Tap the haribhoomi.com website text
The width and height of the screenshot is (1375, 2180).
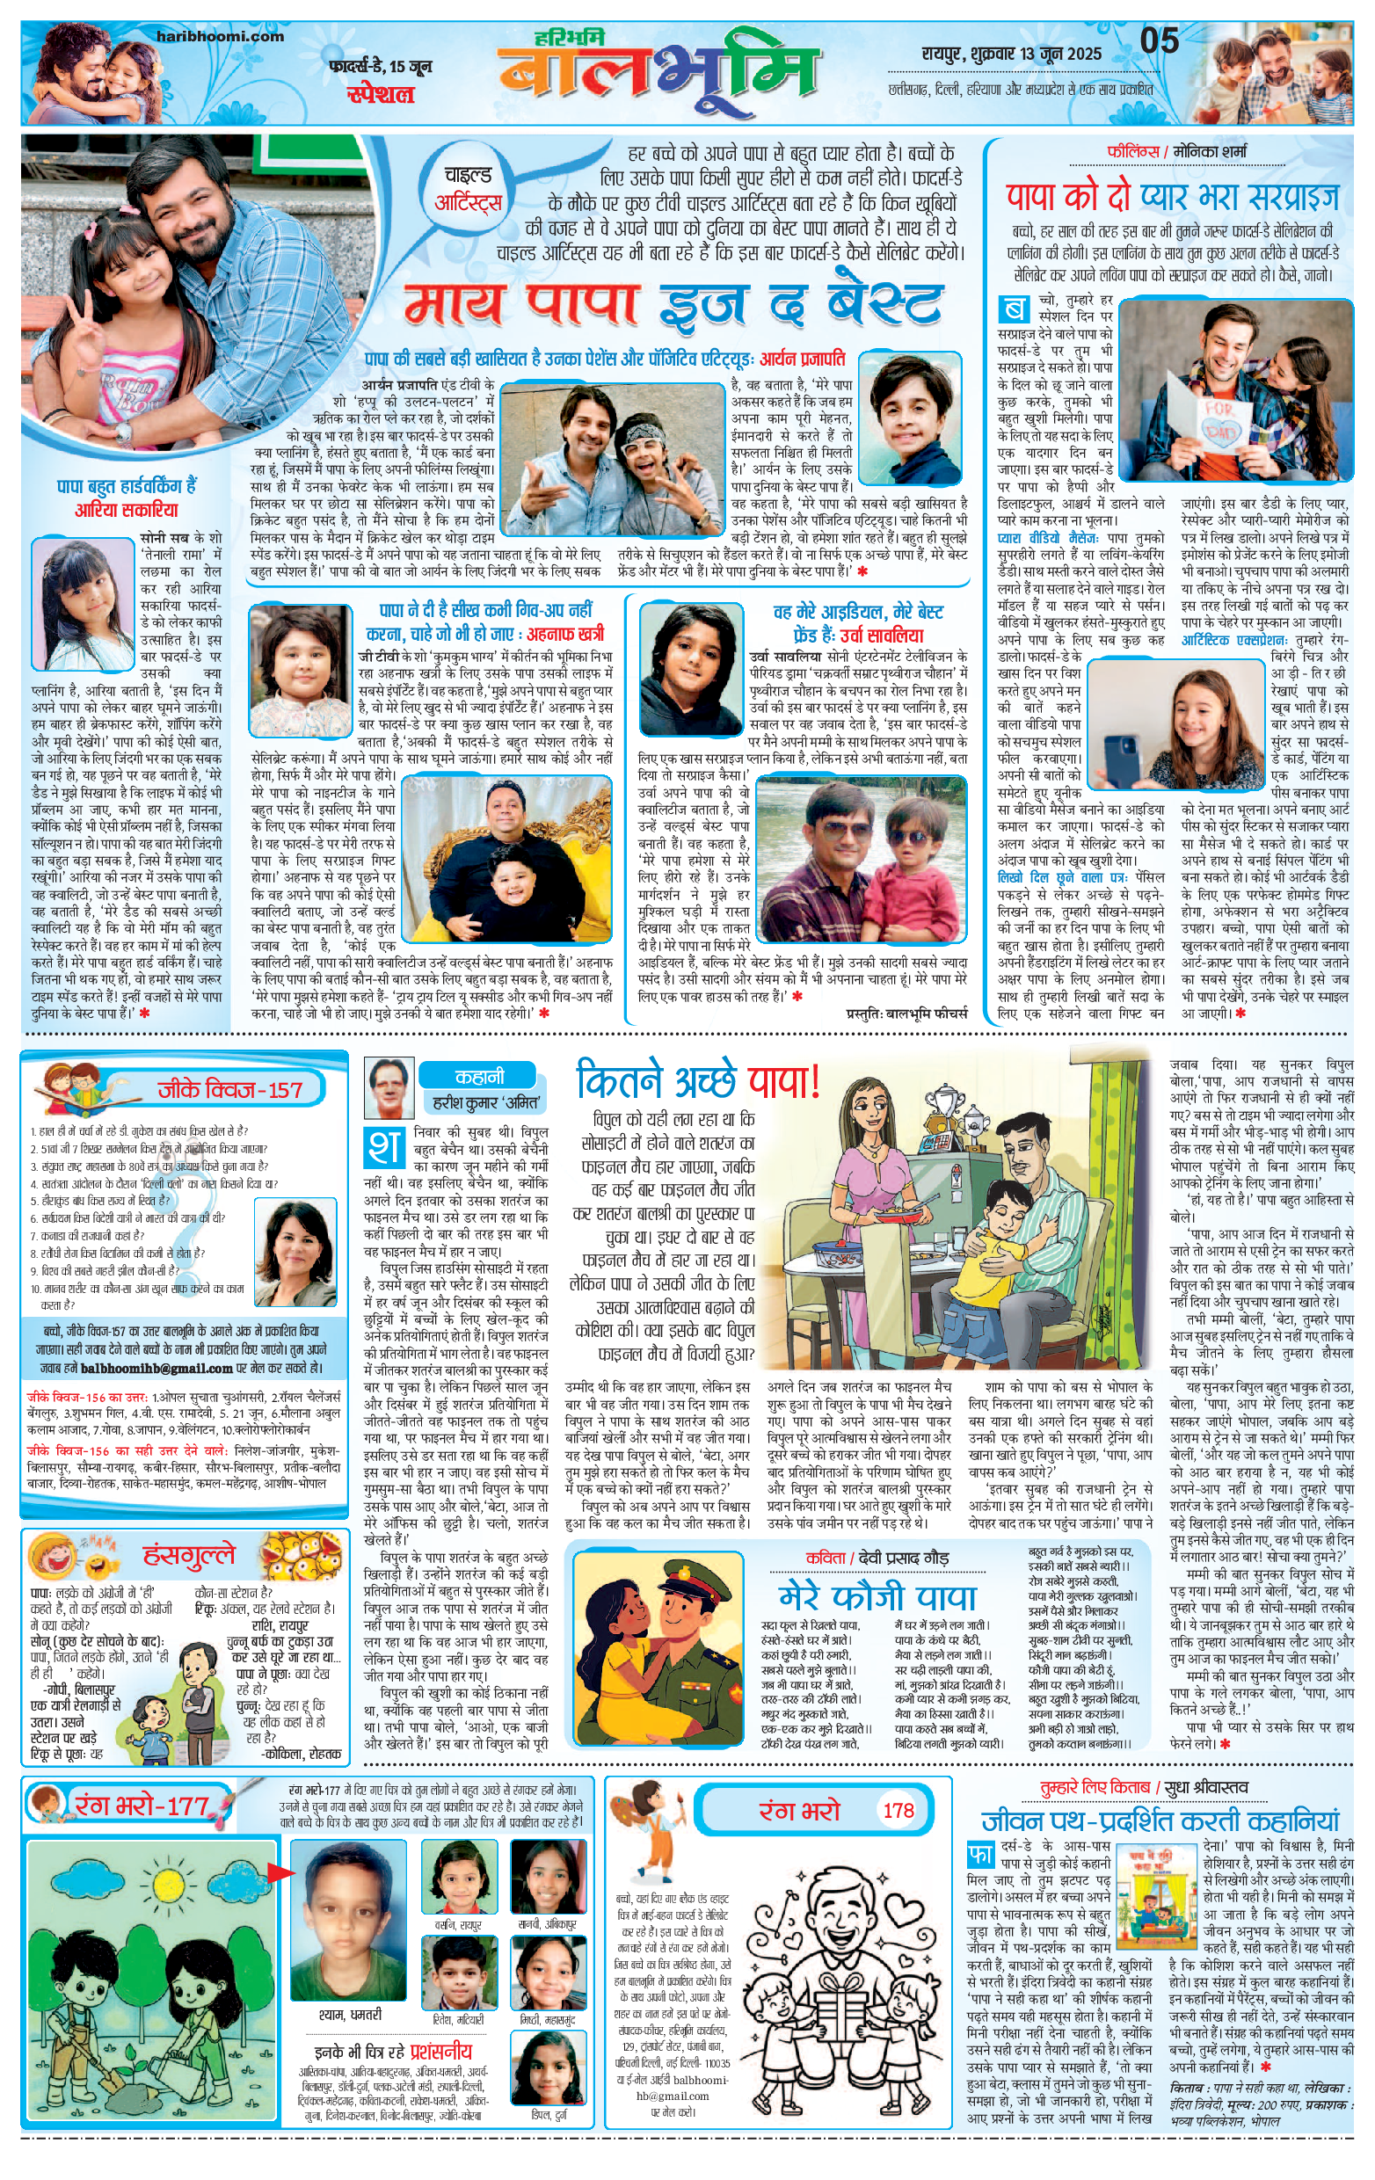click(x=220, y=37)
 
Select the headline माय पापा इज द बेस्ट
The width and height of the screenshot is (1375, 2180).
click(x=672, y=305)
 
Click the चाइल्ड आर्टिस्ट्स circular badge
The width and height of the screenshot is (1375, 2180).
click(x=467, y=188)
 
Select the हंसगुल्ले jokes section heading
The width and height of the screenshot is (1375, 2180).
click(x=189, y=1554)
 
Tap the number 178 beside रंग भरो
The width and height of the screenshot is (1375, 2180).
click(x=898, y=1810)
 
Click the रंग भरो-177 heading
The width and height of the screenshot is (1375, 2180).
click(x=142, y=1806)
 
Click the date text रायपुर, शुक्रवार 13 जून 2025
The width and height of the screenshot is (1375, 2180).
click(x=1011, y=54)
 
